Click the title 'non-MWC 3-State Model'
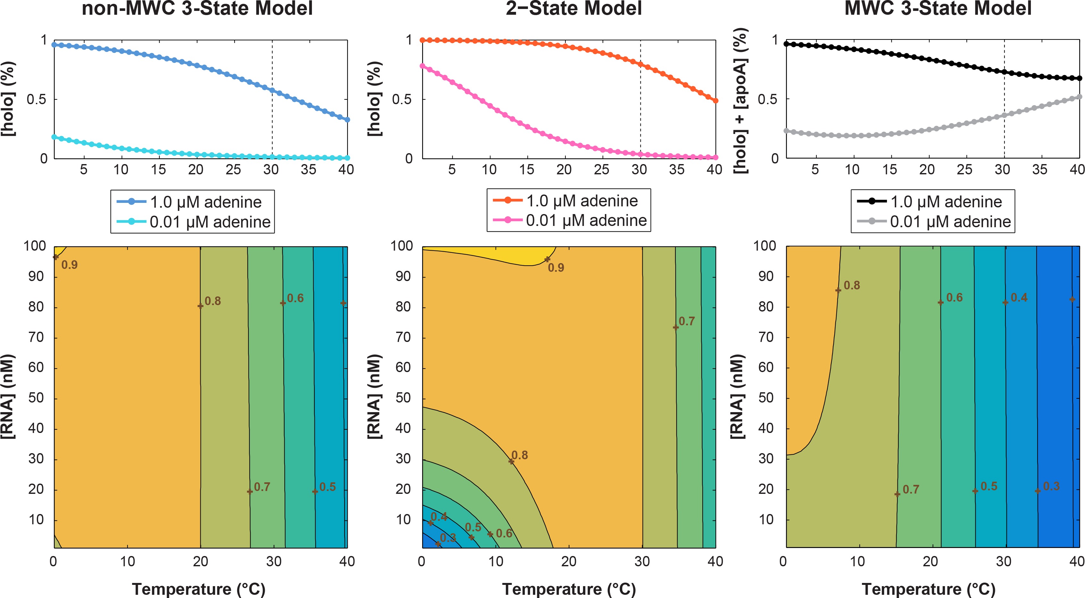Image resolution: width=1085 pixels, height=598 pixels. tap(197, 8)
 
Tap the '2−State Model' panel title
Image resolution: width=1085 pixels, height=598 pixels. tap(574, 8)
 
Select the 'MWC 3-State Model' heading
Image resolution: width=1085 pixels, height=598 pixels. tap(938, 8)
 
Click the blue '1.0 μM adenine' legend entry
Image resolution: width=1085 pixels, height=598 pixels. tap(189, 202)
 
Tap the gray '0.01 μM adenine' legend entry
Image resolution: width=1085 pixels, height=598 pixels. tap(933, 221)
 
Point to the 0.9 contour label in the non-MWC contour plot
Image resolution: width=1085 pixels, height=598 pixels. tap(70, 265)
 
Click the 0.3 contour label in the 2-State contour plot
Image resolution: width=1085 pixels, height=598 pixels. tap(448, 538)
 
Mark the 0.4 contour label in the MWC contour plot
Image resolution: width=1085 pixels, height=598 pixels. tap(1019, 298)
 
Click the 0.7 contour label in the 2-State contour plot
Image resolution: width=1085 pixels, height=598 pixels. tap(687, 321)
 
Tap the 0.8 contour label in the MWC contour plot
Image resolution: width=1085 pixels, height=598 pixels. tap(852, 286)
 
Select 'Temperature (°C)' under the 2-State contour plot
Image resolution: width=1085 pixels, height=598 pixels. tap(569, 589)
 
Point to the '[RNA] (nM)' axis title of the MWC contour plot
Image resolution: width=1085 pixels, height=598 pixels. tap(738, 397)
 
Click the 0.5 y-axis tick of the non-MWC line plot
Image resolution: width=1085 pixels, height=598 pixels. tap(37, 100)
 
